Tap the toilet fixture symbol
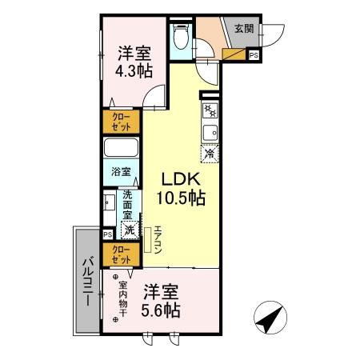[181, 37]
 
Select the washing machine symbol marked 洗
[128, 229]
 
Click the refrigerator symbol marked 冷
[210, 153]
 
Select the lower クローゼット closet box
[122, 255]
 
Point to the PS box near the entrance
[254, 55]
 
